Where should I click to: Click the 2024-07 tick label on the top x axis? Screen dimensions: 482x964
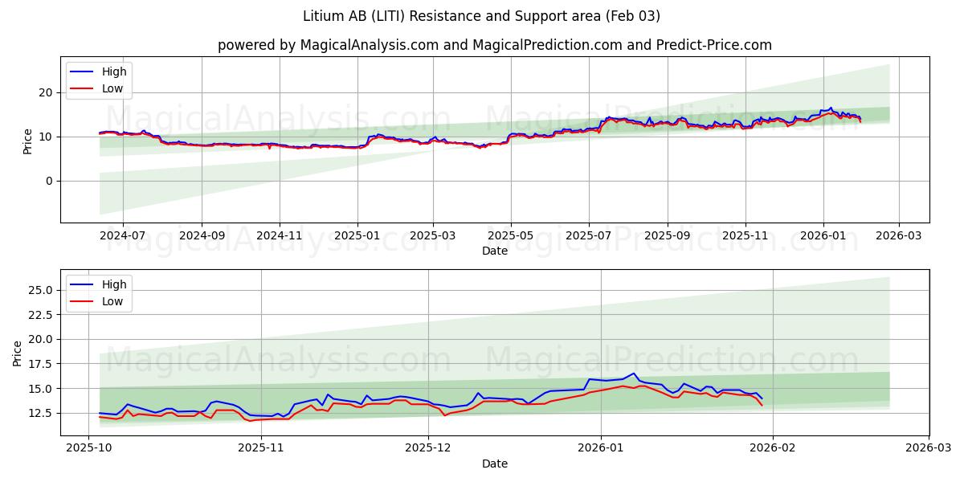tap(123, 236)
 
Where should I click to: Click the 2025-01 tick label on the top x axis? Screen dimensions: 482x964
tap(357, 236)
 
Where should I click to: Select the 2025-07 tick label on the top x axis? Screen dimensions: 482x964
tap(589, 236)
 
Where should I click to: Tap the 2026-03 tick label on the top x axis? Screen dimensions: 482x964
tap(898, 236)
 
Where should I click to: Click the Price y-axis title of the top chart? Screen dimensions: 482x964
tap(28, 141)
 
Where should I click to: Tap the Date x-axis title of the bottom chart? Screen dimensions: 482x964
tap(494, 464)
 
